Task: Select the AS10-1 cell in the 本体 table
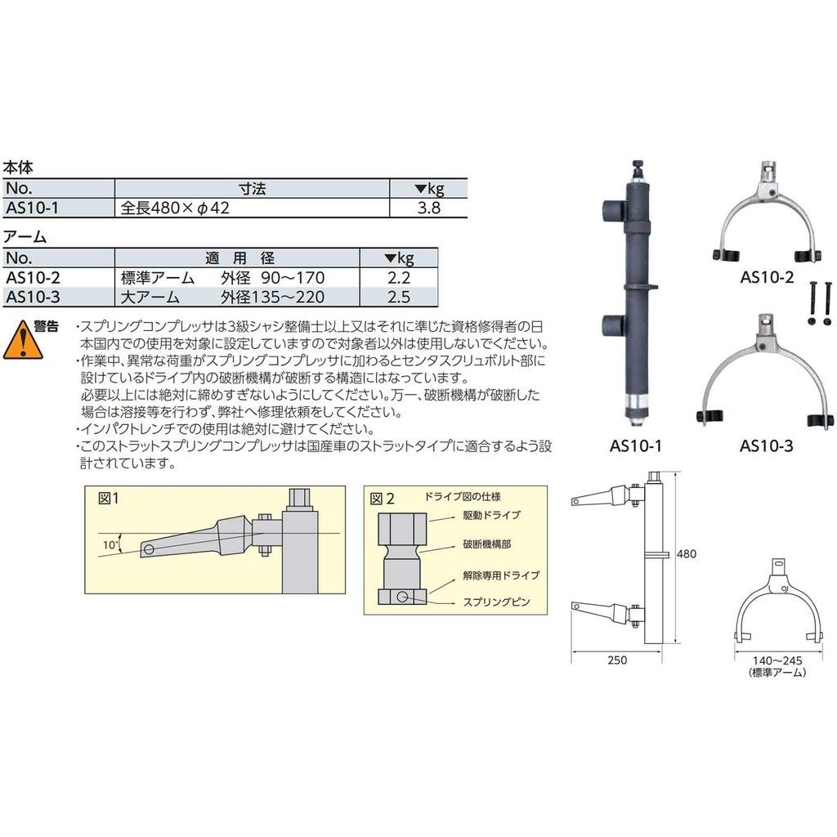(x=32, y=208)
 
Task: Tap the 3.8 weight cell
(x=429, y=208)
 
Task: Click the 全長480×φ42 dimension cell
(x=176, y=208)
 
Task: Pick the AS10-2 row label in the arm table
(x=32, y=278)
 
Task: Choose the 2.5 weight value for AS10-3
(x=399, y=296)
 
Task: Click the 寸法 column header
(x=252, y=189)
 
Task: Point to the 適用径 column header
(x=239, y=258)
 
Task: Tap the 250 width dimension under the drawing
(x=618, y=660)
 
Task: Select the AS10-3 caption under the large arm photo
(x=766, y=446)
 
